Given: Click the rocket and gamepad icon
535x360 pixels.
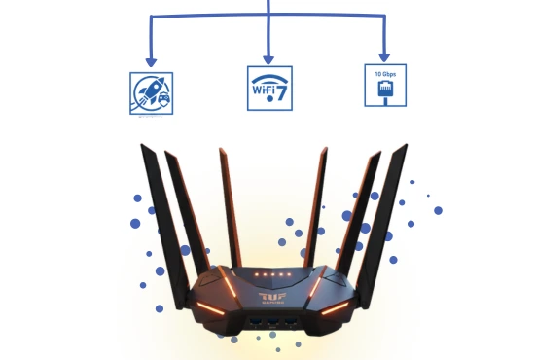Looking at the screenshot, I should tap(152, 91).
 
